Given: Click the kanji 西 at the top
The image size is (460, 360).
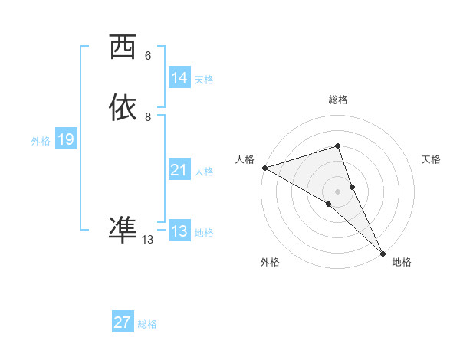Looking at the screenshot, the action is click(123, 47).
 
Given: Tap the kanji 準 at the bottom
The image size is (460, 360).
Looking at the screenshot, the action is click(123, 229).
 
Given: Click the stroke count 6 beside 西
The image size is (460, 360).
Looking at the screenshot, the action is click(148, 56).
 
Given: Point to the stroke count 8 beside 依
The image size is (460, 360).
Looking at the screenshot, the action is click(148, 117).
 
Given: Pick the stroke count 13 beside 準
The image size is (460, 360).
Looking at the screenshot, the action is click(148, 240).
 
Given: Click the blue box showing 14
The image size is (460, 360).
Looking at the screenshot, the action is click(179, 78).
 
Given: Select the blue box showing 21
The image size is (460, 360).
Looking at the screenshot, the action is click(179, 170).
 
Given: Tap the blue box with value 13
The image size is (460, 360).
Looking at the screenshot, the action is click(179, 231).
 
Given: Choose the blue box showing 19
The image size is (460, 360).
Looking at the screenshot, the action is click(66, 139).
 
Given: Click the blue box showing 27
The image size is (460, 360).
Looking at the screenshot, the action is click(123, 322).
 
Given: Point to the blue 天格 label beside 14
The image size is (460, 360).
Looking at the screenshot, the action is click(204, 79).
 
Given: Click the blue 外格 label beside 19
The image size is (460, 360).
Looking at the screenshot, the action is click(41, 140).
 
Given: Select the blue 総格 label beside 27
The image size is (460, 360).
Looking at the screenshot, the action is click(147, 323).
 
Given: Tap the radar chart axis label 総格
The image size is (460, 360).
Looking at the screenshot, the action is click(338, 100).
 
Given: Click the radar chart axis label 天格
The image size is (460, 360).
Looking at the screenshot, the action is click(431, 159).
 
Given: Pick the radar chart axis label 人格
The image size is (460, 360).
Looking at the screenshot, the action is click(245, 159).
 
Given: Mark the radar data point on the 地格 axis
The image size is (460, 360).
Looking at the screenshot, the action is click(383, 252).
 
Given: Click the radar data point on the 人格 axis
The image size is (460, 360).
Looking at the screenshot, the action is click(264, 168).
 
